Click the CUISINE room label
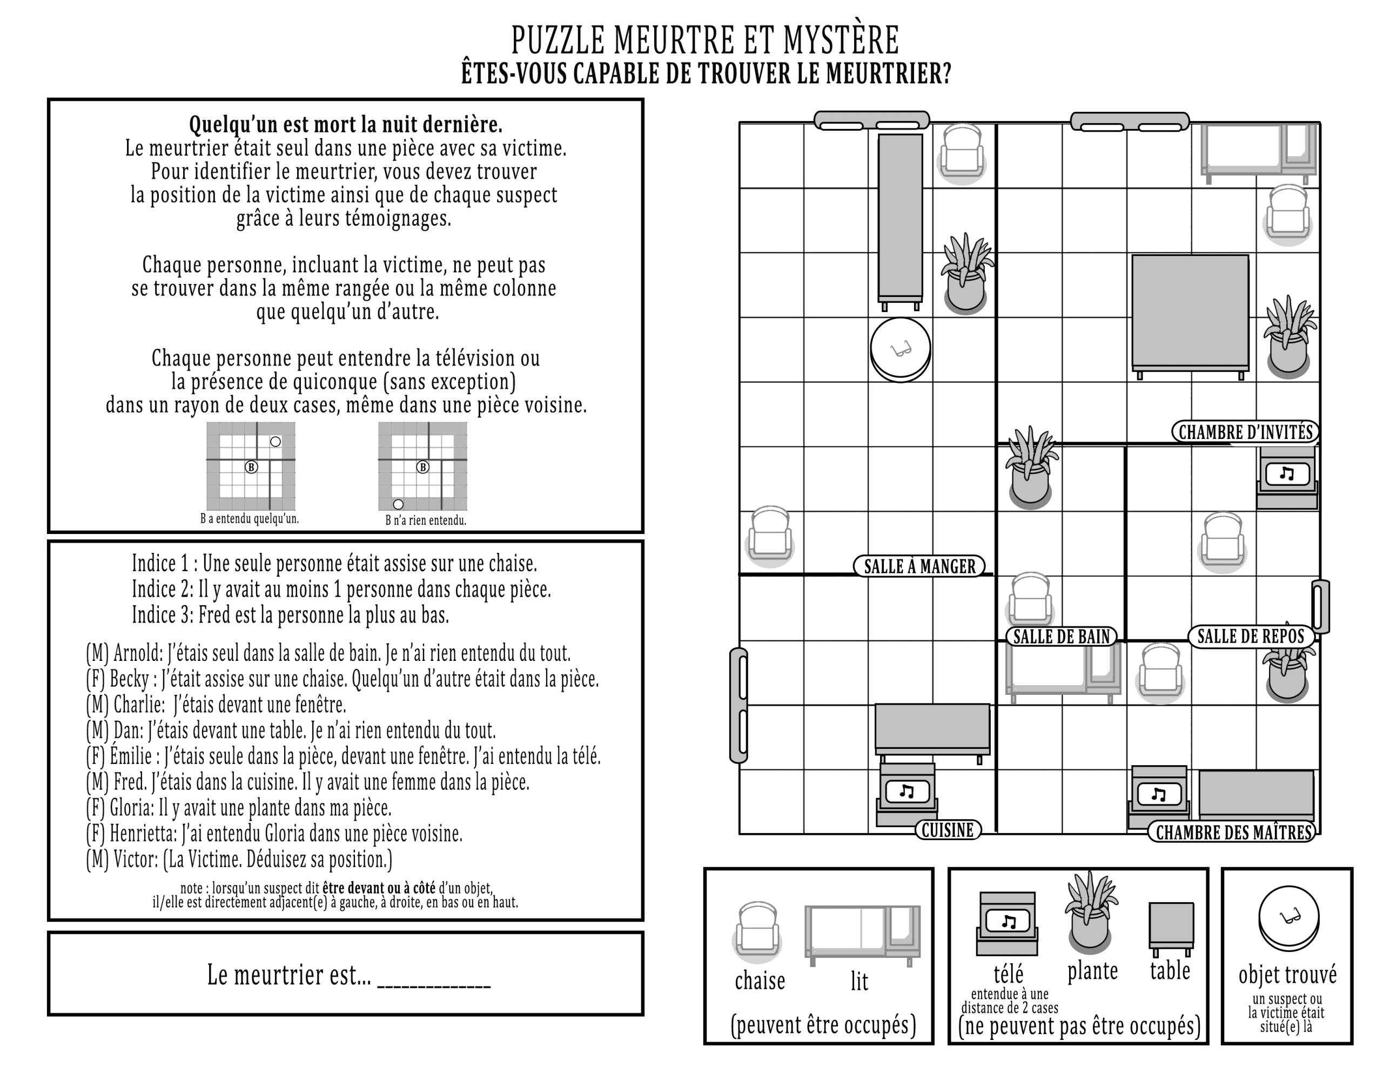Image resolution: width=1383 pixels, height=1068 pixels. [948, 830]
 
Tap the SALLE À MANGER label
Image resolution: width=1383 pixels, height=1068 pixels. [919, 566]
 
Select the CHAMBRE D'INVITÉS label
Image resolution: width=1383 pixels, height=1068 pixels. [1245, 432]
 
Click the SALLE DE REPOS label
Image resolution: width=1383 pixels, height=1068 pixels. [1251, 636]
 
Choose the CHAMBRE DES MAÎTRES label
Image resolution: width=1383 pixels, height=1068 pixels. [1232, 833]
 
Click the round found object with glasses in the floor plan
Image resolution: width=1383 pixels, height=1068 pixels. [900, 349]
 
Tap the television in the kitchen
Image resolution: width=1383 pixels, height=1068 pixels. [907, 794]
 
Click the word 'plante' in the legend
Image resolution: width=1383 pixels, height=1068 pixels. [1092, 970]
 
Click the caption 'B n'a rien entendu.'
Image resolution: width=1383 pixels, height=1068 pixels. [426, 521]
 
